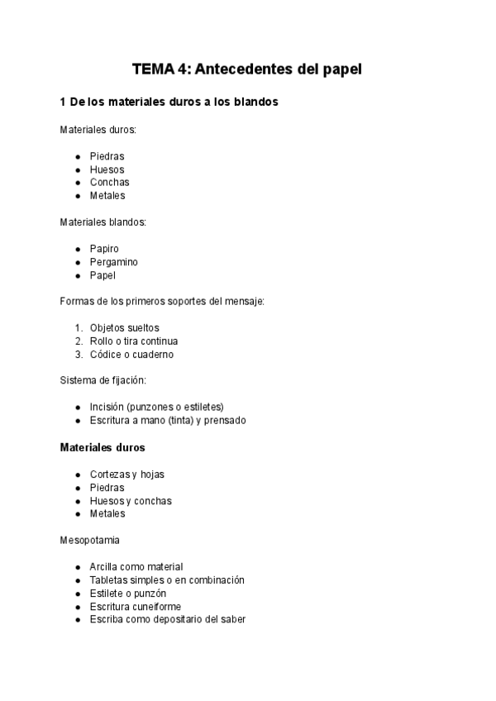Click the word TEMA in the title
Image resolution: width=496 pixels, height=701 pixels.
click(152, 69)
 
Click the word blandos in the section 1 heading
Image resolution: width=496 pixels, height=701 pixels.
click(254, 103)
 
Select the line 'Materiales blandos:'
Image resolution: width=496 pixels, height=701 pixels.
click(103, 222)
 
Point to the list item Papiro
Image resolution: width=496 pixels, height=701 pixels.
click(104, 249)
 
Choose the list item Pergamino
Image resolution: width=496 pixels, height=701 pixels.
click(114, 262)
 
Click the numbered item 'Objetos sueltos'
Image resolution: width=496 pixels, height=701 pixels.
click(125, 328)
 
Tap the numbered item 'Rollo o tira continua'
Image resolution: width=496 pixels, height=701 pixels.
click(134, 341)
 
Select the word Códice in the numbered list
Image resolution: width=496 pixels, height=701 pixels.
click(107, 355)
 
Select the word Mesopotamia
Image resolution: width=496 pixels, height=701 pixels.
click(90, 541)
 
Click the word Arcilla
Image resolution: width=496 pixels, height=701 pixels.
click(105, 567)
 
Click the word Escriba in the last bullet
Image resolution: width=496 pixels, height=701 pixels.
click(107, 620)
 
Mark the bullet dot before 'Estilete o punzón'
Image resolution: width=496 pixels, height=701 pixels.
click(78, 594)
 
